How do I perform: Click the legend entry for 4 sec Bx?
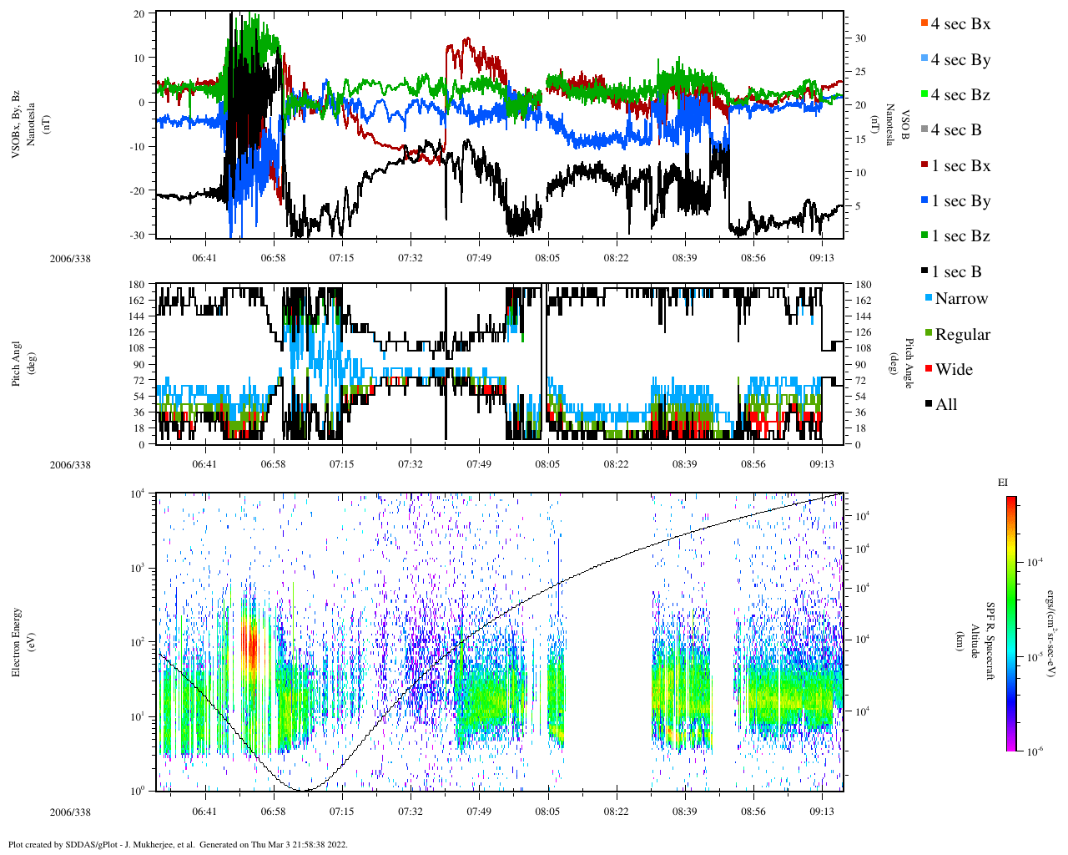[960, 24]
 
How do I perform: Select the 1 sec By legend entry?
[960, 201]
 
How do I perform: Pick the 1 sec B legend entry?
[955, 272]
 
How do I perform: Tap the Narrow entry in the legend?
[960, 299]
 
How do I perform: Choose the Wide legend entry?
[953, 370]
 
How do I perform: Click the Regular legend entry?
[962, 335]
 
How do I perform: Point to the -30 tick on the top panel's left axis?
[136, 235]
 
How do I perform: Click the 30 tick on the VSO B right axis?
[860, 38]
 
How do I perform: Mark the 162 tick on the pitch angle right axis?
[863, 301]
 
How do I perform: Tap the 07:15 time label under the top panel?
[341, 258]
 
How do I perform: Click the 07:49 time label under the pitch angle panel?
[479, 464]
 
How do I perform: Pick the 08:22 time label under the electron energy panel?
[616, 811]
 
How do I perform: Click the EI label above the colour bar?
[1003, 483]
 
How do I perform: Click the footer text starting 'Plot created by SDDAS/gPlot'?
[178, 844]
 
